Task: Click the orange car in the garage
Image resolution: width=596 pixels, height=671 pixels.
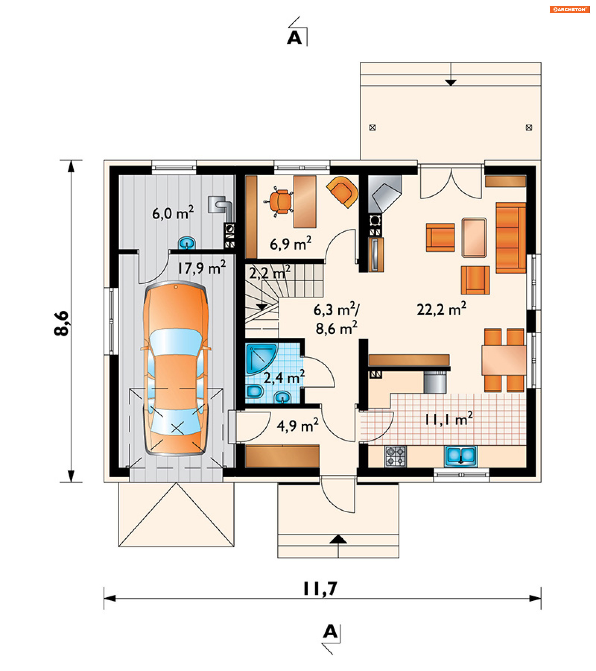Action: [176, 368]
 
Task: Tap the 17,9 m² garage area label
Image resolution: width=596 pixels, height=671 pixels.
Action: [201, 267]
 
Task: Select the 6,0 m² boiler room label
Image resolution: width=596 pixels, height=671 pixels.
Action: [173, 213]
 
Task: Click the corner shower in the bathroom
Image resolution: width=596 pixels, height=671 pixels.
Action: [261, 359]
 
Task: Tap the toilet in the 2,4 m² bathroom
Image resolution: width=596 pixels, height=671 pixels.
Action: [255, 391]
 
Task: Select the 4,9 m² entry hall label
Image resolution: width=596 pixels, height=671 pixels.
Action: [297, 426]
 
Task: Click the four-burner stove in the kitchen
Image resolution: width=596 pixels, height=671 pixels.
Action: [395, 456]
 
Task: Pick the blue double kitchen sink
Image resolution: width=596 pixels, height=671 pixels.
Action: [461, 456]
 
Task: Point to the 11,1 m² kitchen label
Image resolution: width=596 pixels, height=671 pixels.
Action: [449, 419]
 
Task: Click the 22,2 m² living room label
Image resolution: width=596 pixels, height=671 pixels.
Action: [441, 309]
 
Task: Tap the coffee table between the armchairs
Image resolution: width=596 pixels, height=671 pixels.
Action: [474, 237]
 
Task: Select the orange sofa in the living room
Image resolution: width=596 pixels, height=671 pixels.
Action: [511, 238]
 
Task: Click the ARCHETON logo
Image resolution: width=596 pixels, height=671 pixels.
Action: [569, 10]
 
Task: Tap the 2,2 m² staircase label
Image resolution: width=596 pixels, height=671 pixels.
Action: [270, 273]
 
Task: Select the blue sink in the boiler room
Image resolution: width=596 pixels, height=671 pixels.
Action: [187, 243]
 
